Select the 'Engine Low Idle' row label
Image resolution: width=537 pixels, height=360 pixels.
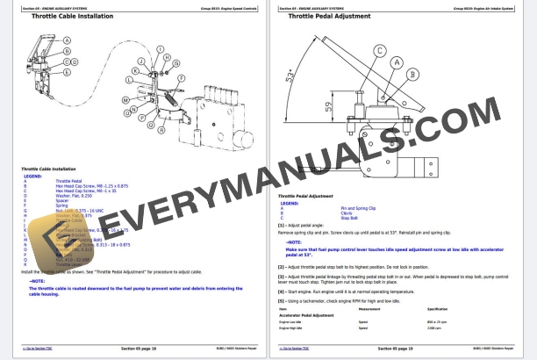pos(294,322)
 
